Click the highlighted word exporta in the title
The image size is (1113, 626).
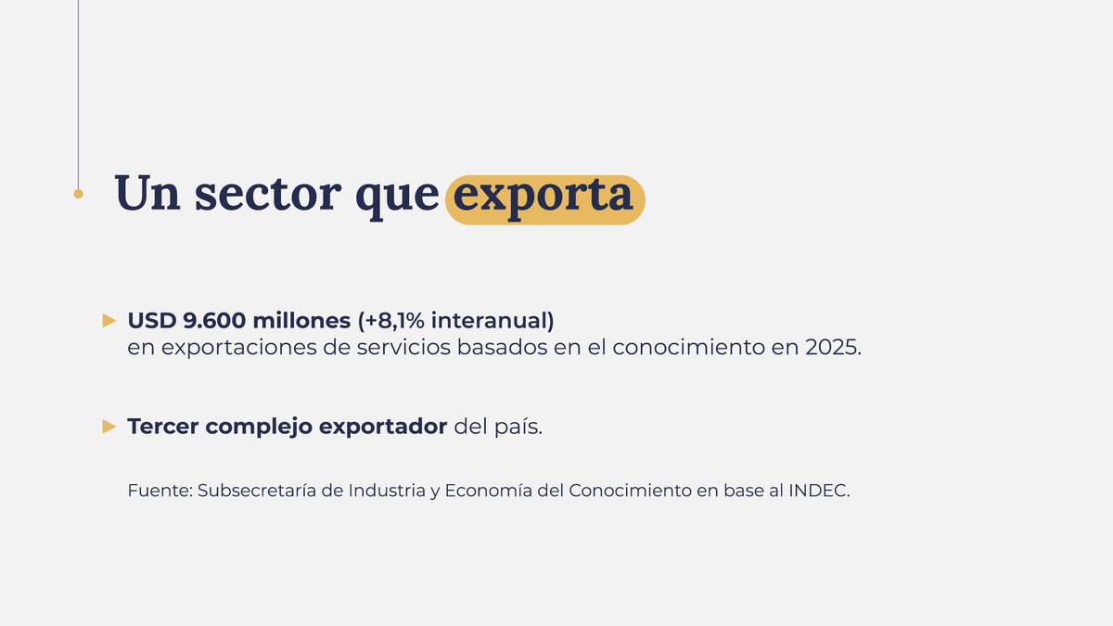[544, 197]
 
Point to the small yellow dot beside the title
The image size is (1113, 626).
[78, 194]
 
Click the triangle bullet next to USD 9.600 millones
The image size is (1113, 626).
[109, 321]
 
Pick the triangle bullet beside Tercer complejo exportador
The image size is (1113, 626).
[109, 427]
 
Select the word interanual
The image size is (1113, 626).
[493, 321]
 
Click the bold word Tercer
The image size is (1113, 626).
[163, 427]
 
